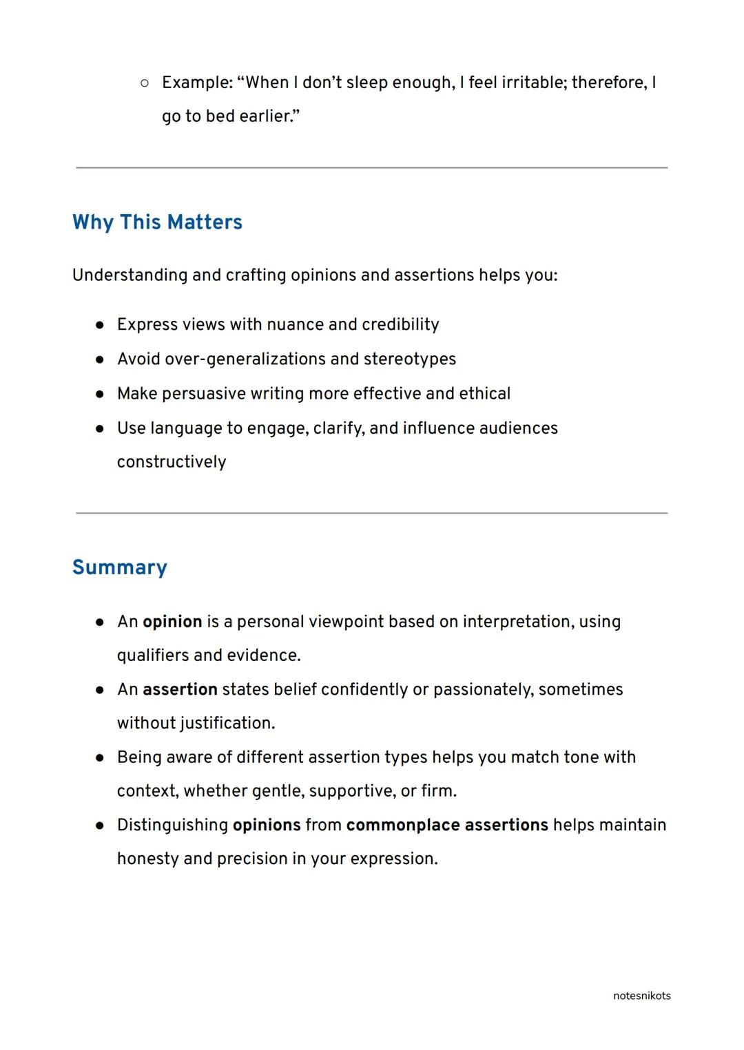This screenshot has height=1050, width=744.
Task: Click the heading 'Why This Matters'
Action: [x=157, y=222]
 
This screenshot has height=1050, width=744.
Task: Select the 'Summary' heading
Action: [x=120, y=567]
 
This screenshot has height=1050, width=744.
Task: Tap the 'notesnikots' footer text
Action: [x=641, y=996]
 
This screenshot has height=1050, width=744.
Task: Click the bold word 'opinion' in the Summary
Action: [x=172, y=622]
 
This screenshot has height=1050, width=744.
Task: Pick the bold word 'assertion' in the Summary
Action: [x=180, y=689]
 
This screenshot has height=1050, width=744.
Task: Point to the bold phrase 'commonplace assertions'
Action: [x=447, y=825]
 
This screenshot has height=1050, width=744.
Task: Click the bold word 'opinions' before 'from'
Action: [x=267, y=825]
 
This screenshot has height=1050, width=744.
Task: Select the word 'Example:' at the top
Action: [x=198, y=83]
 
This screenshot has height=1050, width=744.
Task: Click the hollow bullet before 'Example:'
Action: [x=144, y=83]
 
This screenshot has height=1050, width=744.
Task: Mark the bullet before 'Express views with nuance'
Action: [x=100, y=325]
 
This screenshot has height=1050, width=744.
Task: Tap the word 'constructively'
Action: [x=172, y=462]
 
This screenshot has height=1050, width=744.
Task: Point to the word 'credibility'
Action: [x=400, y=324]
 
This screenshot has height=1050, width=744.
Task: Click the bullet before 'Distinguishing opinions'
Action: [x=100, y=826]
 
